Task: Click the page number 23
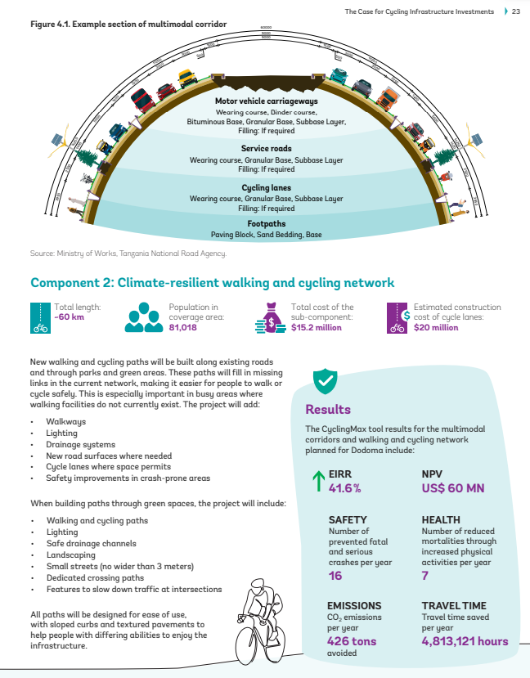click(516, 11)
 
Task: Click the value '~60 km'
click(67, 317)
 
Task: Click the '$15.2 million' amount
click(317, 326)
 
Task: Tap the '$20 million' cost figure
click(436, 326)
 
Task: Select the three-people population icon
click(144, 317)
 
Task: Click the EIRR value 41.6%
click(344, 488)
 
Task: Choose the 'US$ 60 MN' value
click(453, 488)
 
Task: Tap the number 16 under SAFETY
click(335, 576)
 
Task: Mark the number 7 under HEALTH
click(425, 576)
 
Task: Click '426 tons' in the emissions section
click(352, 641)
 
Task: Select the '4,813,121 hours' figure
click(465, 641)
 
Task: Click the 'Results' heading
click(328, 410)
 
